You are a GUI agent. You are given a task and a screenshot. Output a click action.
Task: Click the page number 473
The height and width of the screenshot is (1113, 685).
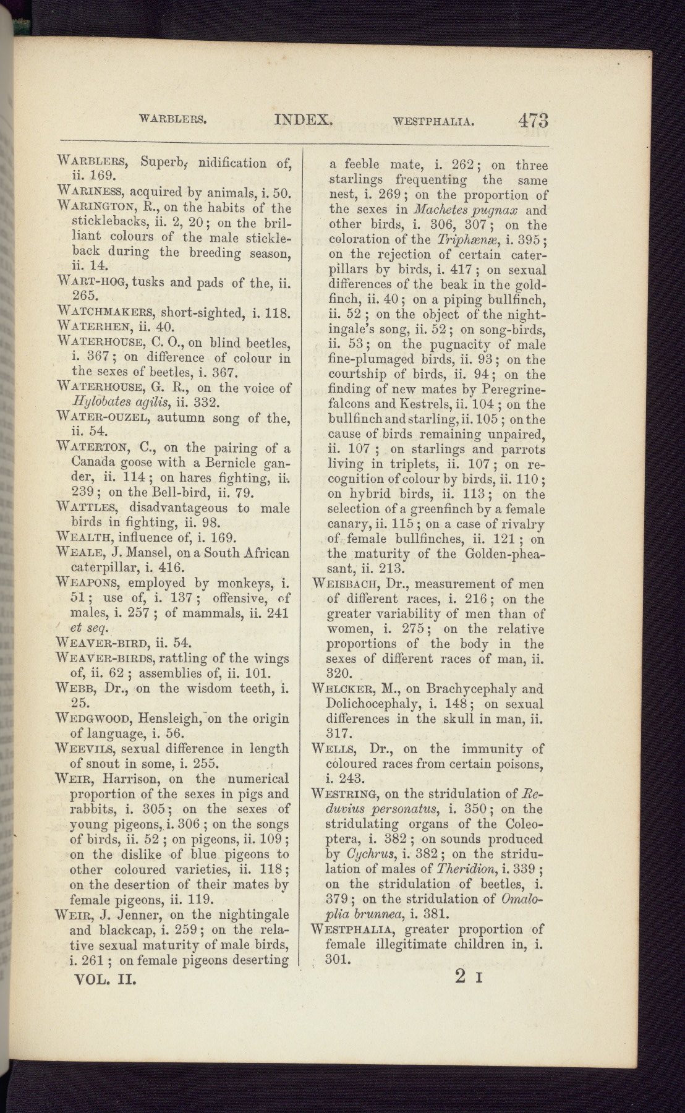pos(534,119)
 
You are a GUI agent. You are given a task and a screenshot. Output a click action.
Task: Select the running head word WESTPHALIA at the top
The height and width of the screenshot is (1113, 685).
pos(433,122)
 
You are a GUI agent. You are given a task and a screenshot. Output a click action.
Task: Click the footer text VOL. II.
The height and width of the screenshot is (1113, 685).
pos(104,980)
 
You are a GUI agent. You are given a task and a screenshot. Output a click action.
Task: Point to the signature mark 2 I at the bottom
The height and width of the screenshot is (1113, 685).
pos(472,977)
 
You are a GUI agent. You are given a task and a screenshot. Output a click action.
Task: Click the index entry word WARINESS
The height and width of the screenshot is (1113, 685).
pos(90,192)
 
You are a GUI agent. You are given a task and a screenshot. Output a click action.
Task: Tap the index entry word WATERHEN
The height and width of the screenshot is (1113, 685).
pos(93,327)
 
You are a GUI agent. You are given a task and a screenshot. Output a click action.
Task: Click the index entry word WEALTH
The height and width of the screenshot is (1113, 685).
pos(85,537)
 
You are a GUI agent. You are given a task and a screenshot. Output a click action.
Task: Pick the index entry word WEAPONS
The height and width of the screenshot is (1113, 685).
pos(89,582)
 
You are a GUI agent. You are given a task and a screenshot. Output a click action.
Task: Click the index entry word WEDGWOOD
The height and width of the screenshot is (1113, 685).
pos(94,719)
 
